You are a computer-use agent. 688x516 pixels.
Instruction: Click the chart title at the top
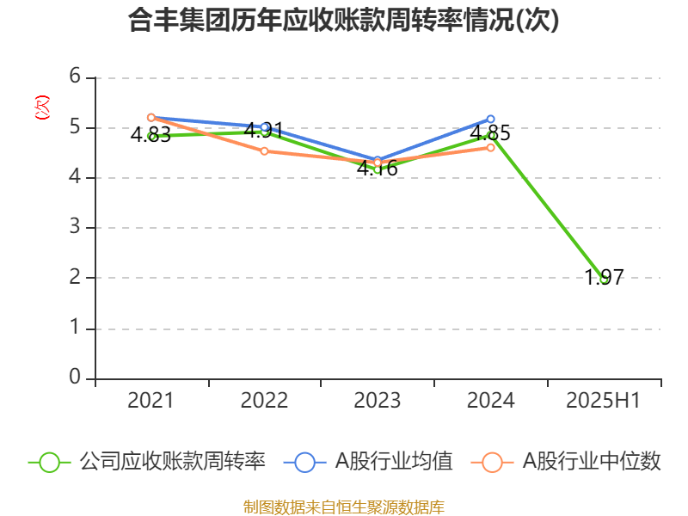[344, 21]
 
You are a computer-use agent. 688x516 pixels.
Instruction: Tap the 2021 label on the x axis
[150, 400]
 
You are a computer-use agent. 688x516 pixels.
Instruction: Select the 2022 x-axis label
[264, 400]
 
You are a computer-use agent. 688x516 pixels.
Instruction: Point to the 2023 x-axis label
[378, 400]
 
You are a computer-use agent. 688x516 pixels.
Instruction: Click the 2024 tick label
[490, 400]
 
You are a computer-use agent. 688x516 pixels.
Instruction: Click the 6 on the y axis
[75, 77]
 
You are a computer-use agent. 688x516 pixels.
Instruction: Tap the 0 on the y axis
[75, 378]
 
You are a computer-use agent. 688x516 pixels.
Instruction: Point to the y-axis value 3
[75, 228]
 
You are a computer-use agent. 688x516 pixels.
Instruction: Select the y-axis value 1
[75, 328]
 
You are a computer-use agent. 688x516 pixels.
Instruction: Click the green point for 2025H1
[604, 279]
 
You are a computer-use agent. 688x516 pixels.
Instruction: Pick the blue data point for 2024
[490, 119]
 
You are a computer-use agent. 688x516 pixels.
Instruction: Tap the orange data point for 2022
[264, 151]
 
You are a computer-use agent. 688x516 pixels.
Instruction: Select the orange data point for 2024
[491, 147]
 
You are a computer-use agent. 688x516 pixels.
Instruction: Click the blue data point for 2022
[264, 127]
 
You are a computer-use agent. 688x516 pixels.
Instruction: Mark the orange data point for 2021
[150, 117]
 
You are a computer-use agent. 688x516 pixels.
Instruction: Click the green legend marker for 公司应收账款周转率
[49, 462]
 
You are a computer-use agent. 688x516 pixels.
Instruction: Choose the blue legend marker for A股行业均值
[304, 462]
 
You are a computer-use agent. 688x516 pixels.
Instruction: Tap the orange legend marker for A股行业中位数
[492, 462]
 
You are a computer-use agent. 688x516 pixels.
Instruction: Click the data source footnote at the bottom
[344, 507]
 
